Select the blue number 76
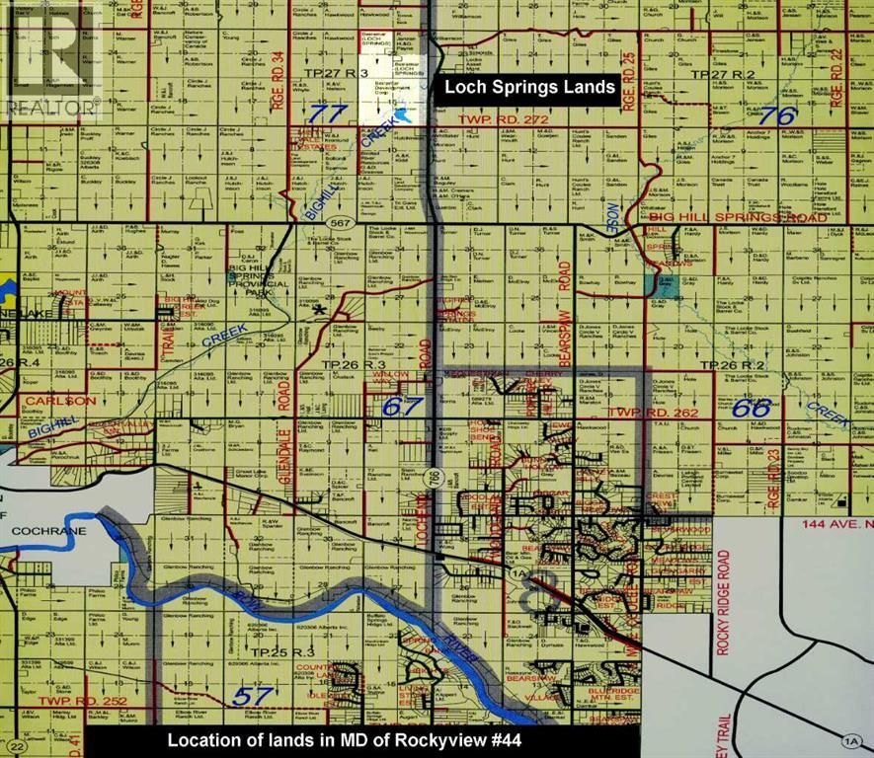coord(777,114)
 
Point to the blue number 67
coord(403,406)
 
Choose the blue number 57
coord(253,696)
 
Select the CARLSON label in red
coord(60,401)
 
